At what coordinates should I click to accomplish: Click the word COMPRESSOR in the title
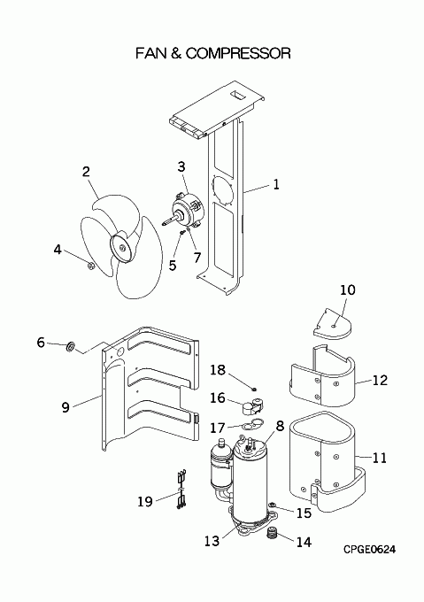[238, 53]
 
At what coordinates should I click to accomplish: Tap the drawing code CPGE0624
[369, 550]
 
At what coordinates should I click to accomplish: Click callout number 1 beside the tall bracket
[276, 184]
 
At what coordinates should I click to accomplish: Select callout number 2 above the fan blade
[86, 171]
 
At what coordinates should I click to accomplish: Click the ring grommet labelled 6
[71, 346]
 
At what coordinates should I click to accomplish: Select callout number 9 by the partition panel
[66, 407]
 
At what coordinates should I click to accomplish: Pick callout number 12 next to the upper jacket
[380, 380]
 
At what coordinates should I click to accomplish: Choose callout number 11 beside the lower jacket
[379, 458]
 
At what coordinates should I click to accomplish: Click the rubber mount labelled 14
[272, 533]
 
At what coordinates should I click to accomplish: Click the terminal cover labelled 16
[253, 406]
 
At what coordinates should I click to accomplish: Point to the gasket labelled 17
[251, 423]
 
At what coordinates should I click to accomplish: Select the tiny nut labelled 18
[254, 390]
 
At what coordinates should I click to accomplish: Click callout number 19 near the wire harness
[145, 501]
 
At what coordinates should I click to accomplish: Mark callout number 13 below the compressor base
[212, 541]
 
